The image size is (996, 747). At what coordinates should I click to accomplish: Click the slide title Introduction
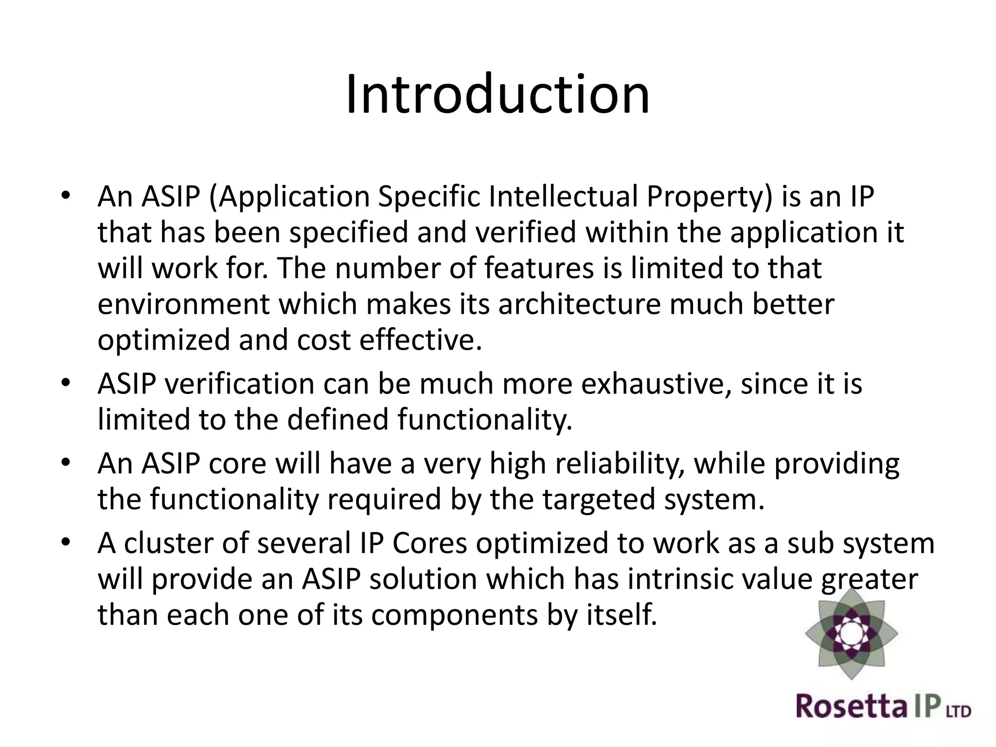click(498, 94)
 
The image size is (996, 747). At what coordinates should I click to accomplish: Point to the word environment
click(183, 304)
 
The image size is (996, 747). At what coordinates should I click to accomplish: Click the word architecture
click(579, 304)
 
